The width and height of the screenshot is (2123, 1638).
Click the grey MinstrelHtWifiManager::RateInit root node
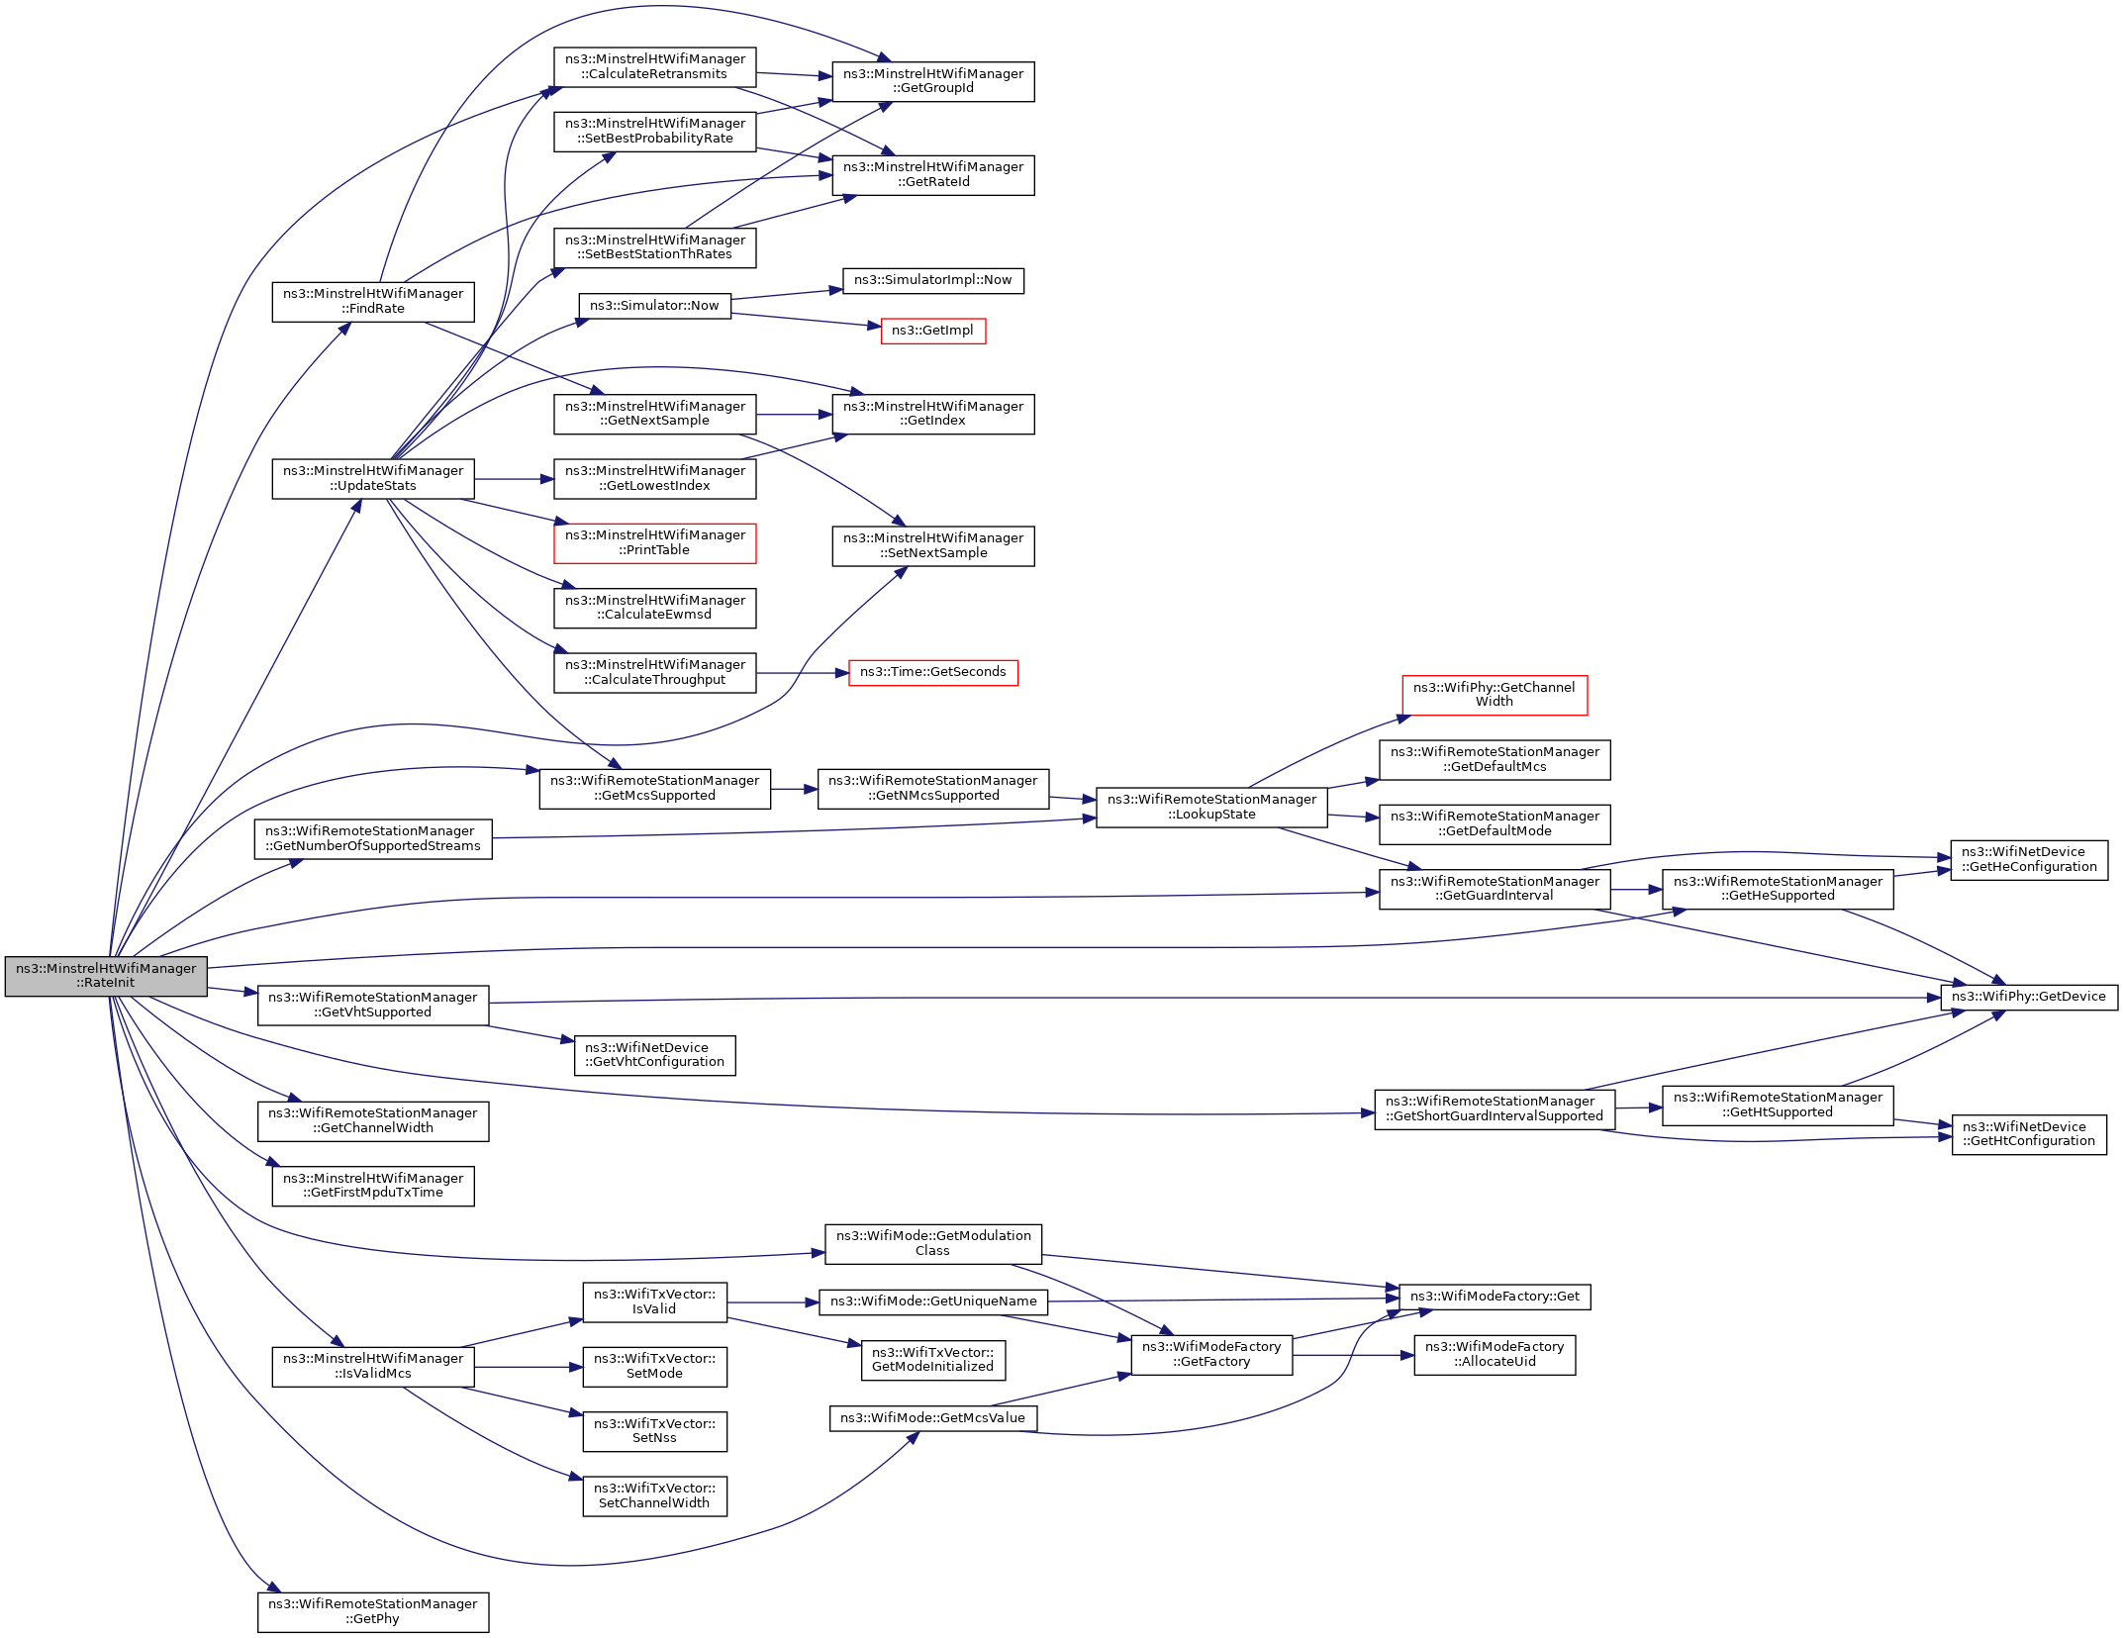106,976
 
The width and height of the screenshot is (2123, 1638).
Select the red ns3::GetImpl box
932,331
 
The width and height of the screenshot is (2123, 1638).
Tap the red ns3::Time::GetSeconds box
932,672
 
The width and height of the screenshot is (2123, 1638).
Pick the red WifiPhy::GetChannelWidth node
1494,695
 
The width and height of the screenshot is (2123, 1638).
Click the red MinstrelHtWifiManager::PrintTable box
654,543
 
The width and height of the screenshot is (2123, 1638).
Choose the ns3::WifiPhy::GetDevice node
2028,997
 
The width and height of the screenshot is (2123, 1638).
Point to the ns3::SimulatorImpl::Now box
932,280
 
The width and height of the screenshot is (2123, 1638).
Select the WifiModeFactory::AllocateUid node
1494,1355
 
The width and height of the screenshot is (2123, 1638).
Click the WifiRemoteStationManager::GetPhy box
372,1611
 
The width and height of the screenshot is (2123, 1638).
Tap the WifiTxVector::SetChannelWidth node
654,1495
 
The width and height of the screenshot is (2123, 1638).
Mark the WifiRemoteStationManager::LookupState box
1210,808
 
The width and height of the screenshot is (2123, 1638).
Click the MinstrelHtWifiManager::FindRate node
372,302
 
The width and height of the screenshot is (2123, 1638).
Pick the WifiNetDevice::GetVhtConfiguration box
654,1055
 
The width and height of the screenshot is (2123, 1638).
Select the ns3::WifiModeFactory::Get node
1494,1297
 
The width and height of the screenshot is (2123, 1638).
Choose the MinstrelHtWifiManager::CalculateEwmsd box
654,608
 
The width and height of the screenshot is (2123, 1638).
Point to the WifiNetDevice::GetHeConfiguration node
2028,860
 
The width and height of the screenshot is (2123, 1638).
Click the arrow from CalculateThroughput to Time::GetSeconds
802,673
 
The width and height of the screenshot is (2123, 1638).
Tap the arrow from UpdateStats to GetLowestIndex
514,479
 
